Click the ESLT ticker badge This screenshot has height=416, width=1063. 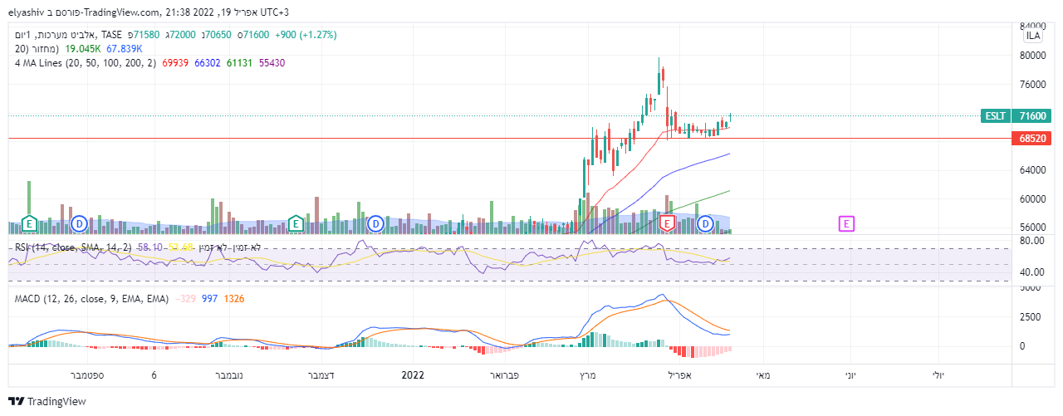(x=994, y=116)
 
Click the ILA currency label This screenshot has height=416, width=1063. (x=1033, y=36)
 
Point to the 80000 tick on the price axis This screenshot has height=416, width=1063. (x=1033, y=56)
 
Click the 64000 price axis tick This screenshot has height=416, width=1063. (x=1033, y=170)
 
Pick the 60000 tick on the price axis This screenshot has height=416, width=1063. (x=1033, y=199)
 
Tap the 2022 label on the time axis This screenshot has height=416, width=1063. (x=413, y=375)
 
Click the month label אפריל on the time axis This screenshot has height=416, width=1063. (x=679, y=375)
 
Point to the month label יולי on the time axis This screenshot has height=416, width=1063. (x=937, y=375)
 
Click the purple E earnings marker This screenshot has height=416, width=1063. (x=846, y=223)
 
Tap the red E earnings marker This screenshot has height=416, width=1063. (x=667, y=223)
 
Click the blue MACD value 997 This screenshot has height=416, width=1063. (x=209, y=298)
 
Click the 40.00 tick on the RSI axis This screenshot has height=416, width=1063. (x=1031, y=272)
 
